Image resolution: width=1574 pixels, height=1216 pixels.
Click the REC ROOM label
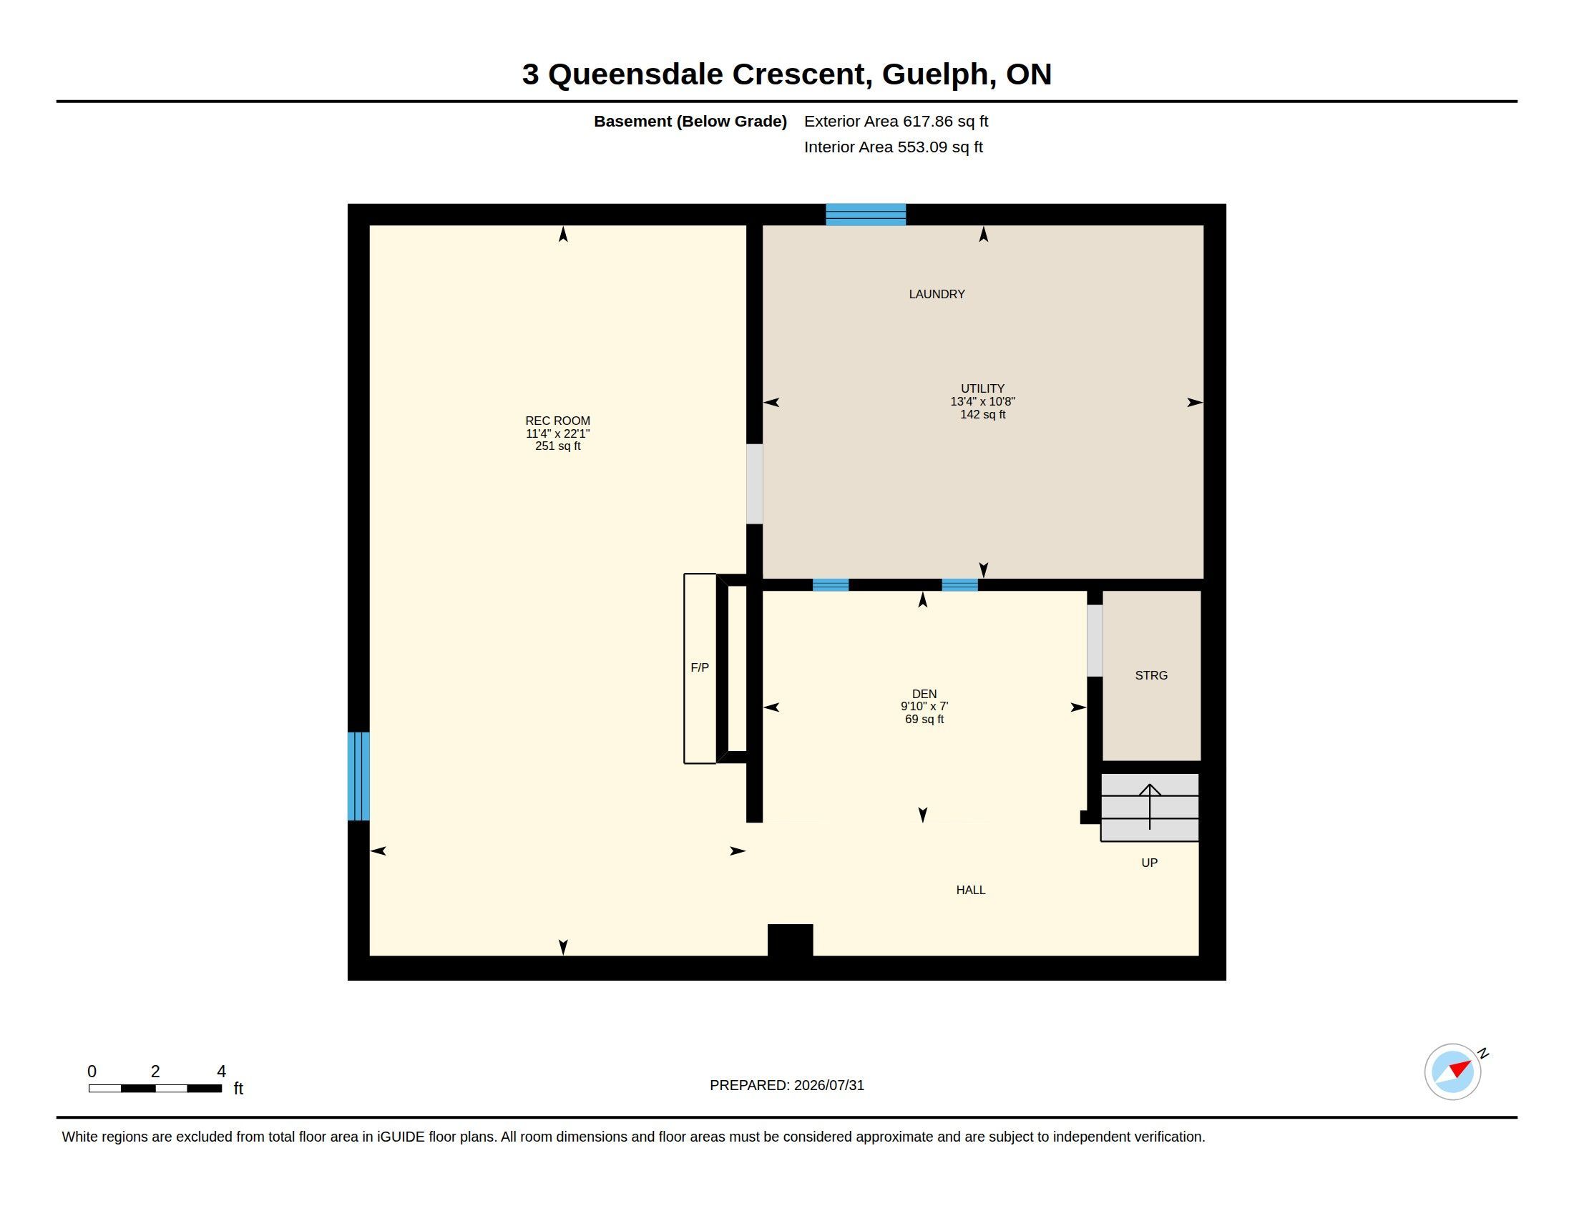557,421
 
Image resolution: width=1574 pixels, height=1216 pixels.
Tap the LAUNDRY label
937,294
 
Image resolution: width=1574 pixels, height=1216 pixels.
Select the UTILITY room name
982,388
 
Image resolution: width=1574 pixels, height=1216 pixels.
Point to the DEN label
924,694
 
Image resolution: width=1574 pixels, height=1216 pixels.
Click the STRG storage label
1151,675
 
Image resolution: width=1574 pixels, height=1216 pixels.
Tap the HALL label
970,890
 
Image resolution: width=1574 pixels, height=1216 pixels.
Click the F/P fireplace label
699,667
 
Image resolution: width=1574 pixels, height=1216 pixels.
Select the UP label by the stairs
1149,863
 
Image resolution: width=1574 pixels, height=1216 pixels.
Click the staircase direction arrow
1150,807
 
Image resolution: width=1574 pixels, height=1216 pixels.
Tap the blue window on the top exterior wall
866,215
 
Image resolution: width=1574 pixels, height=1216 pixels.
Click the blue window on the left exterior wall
358,776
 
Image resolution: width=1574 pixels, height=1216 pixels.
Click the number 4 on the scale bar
221,1072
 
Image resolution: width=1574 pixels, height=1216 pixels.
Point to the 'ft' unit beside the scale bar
238,1089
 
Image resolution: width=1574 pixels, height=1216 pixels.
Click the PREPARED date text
786,1085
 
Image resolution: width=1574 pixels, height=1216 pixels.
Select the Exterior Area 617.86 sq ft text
896,121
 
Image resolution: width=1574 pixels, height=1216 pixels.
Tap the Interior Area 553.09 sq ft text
893,147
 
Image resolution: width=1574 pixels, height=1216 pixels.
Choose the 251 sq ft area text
557,446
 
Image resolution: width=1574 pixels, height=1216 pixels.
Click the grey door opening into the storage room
1095,640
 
